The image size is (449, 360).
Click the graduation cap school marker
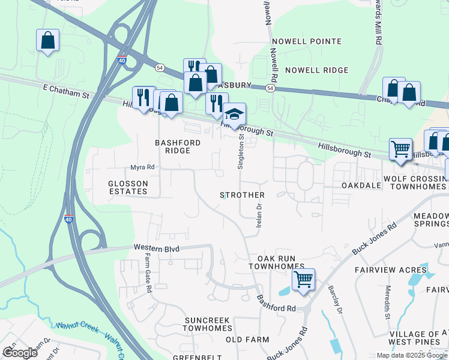235,114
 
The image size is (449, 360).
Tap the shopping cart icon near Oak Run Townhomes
303,279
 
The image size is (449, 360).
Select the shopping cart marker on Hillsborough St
400,149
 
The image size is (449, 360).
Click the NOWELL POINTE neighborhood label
306,41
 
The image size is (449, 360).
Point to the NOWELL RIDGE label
316,70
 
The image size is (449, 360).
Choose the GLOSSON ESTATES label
128,187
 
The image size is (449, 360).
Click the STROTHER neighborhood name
243,196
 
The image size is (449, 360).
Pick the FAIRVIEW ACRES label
391,270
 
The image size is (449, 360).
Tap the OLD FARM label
247,340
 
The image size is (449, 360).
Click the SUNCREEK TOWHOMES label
208,324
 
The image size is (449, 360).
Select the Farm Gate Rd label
147,273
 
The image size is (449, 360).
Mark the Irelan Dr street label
259,215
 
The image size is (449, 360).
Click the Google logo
20,352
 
